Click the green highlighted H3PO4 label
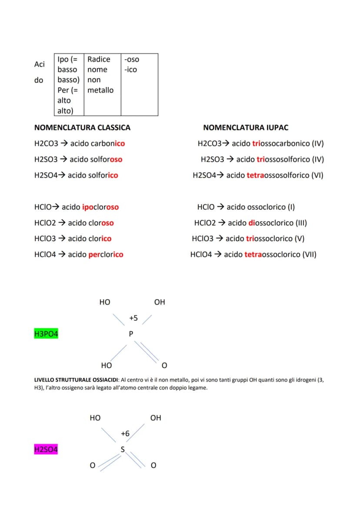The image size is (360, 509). click(46, 334)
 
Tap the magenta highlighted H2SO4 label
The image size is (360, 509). click(46, 449)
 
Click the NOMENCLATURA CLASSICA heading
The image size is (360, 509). click(82, 127)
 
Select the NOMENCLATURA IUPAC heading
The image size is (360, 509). click(246, 127)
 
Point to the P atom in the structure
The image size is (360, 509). click(131, 334)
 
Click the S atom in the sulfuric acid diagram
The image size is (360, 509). click(123, 449)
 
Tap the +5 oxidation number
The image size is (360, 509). click(133, 318)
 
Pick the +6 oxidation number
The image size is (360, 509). click(125, 434)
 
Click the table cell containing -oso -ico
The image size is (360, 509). click(140, 85)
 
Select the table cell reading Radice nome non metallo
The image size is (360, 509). click(103, 85)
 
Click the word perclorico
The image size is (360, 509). click(106, 255)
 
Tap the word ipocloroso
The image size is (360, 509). click(100, 207)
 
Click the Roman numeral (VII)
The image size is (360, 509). click(310, 255)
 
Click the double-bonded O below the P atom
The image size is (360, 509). click(165, 366)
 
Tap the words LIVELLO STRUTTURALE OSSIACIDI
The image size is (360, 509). click(76, 380)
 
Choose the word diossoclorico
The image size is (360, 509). click(271, 223)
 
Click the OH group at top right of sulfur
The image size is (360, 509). click(156, 418)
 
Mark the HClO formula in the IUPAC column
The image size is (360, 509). click(206, 207)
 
